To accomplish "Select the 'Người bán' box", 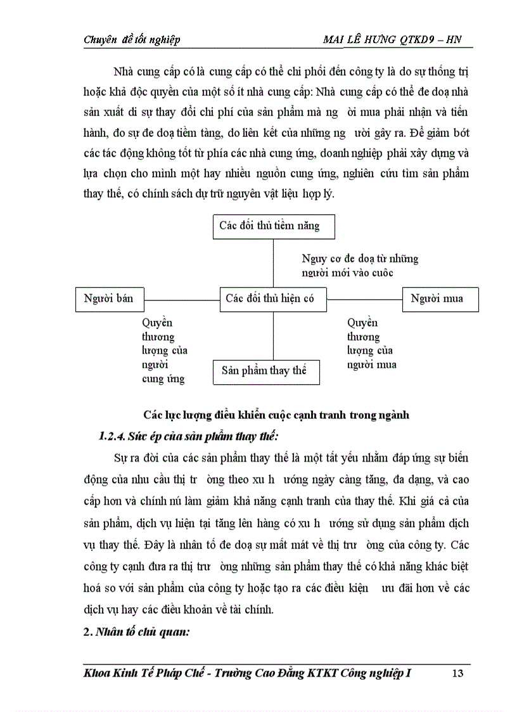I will tap(108, 299).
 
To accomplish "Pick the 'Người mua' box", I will tap(440, 299).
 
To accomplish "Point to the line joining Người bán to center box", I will tap(182, 299).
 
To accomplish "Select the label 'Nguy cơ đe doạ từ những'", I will tap(360, 259).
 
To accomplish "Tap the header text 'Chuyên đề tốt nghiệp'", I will tap(132, 40).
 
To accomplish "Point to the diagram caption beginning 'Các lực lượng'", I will tap(276, 415).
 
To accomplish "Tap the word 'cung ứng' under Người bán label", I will tap(163, 379).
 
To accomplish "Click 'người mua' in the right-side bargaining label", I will tap(371, 364).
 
